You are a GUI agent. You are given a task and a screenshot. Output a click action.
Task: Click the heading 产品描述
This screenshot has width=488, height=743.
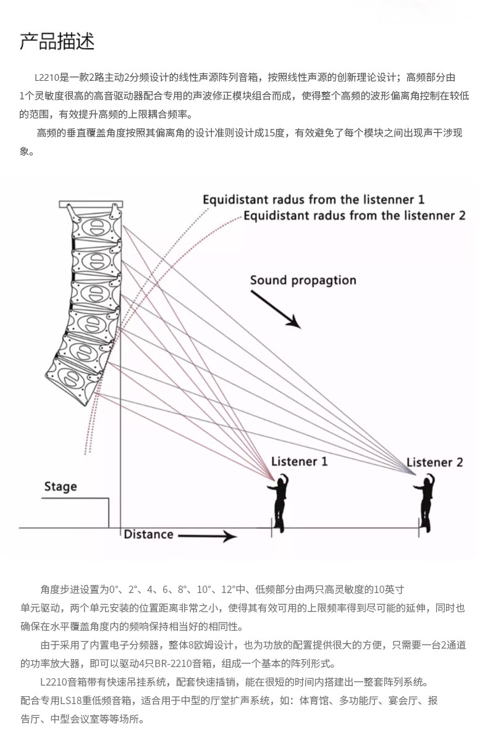[x=57, y=41]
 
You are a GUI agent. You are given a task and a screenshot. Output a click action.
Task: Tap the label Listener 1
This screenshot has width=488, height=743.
[x=299, y=462]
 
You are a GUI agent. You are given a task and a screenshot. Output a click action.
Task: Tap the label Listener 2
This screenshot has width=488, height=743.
[x=434, y=462]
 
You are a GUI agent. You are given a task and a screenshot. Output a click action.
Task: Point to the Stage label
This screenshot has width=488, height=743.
[x=61, y=487]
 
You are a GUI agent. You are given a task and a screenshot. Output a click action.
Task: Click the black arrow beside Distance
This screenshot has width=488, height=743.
[x=208, y=536]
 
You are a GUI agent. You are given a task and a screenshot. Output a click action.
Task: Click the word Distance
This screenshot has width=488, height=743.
[x=148, y=534]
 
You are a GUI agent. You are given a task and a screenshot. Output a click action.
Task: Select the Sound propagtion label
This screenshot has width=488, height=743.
[x=303, y=280]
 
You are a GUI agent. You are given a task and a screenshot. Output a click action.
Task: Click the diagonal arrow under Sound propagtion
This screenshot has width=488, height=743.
[x=276, y=309]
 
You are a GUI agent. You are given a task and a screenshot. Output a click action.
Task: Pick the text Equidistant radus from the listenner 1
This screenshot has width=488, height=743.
[x=313, y=200]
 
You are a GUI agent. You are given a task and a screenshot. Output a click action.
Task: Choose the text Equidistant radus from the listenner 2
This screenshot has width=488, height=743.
[x=354, y=215]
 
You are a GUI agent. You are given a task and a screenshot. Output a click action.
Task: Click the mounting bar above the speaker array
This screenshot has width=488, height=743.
[x=91, y=204]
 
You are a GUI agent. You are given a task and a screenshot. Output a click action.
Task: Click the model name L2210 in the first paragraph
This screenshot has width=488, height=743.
[x=47, y=78]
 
